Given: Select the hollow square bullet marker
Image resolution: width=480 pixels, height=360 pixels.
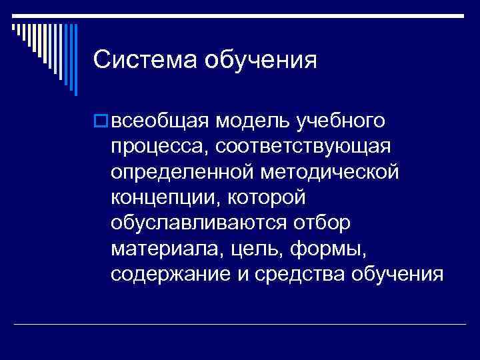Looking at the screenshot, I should point(101,121).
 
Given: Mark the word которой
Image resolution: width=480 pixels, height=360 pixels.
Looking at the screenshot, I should point(267,197).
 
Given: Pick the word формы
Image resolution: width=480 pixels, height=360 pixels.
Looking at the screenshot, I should point(315,248).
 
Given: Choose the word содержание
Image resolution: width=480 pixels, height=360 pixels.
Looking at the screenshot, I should point(166,273).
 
